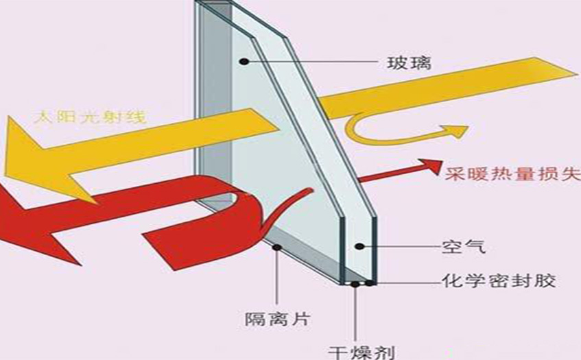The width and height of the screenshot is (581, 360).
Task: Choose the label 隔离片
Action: coord(277,317)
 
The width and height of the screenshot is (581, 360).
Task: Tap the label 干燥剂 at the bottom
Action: coord(371,348)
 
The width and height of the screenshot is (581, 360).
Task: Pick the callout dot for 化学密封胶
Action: coord(371,280)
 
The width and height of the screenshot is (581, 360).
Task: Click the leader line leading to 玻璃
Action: coord(316,64)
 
